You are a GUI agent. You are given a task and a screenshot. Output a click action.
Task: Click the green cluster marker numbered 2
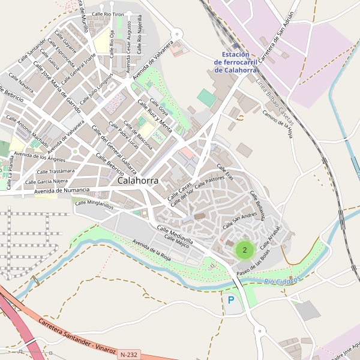245,250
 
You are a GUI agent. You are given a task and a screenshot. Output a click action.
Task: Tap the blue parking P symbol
231,299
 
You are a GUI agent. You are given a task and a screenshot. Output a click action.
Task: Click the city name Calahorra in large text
139,180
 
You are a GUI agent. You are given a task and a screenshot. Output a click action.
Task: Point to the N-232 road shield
128,355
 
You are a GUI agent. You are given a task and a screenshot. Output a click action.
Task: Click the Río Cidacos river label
281,281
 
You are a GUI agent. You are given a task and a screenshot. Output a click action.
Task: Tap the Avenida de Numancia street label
62,191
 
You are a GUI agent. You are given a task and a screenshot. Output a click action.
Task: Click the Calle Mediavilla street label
175,235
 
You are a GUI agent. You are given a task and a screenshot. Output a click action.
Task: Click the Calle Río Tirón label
108,13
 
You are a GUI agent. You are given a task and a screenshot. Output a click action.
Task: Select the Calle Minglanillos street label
94,203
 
